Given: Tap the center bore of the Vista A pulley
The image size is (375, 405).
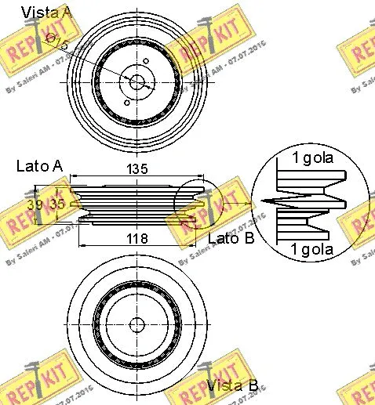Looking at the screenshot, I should tap(137, 80).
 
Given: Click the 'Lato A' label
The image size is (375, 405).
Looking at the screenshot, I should tap(39, 166).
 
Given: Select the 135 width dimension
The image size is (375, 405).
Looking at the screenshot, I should tap(138, 169).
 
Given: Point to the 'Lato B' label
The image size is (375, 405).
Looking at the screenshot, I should tap(231, 238).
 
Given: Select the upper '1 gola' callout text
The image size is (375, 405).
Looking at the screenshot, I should tap(312, 157).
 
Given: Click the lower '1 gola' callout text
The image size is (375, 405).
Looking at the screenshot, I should tap(312, 250).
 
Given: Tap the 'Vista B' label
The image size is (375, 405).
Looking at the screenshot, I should tap(232, 385).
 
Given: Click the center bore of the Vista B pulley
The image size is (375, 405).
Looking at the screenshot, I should tap(137, 324).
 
